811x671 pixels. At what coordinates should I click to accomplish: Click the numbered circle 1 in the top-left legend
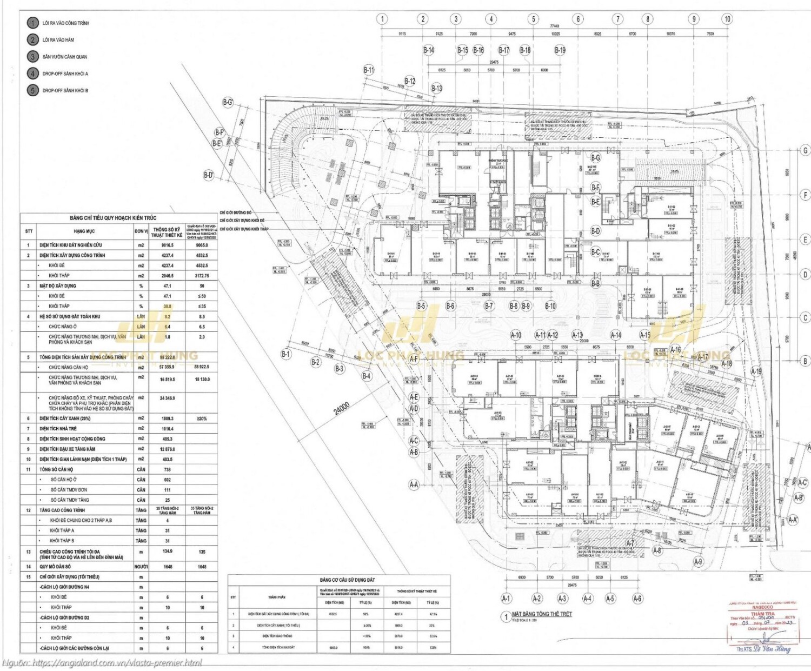pyautogui.click(x=33, y=23)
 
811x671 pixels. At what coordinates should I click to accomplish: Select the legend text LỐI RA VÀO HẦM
pyautogui.click(x=58, y=40)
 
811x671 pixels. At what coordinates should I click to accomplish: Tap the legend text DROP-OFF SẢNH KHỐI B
pyautogui.click(x=65, y=90)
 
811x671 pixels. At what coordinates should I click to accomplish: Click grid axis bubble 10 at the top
pyautogui.click(x=727, y=19)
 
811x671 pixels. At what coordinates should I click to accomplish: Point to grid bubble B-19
pyautogui.click(x=560, y=50)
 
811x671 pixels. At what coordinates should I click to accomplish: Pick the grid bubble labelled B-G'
pyautogui.click(x=228, y=102)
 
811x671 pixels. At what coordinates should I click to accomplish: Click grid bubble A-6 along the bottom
pyautogui.click(x=637, y=599)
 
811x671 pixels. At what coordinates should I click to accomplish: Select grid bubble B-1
pyautogui.click(x=285, y=354)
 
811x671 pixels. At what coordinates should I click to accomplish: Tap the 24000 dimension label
pyautogui.click(x=341, y=408)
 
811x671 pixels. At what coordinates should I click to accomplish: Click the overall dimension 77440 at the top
pyautogui.click(x=555, y=26)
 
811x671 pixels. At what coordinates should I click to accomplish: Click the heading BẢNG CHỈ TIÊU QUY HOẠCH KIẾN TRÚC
pyautogui.click(x=113, y=218)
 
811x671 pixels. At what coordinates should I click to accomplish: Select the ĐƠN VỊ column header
pyautogui.click(x=141, y=231)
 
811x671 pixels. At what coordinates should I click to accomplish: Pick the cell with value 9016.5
pyautogui.click(x=167, y=245)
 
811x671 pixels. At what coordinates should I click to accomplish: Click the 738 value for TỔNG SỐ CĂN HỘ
pyautogui.click(x=167, y=469)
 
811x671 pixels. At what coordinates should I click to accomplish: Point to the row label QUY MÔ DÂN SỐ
pyautogui.click(x=55, y=567)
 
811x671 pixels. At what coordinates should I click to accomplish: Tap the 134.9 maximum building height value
pyautogui.click(x=167, y=552)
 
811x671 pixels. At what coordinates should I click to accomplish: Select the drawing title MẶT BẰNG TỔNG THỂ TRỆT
pyautogui.click(x=542, y=614)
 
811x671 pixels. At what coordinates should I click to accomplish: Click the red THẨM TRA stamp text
pyautogui.click(x=762, y=614)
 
